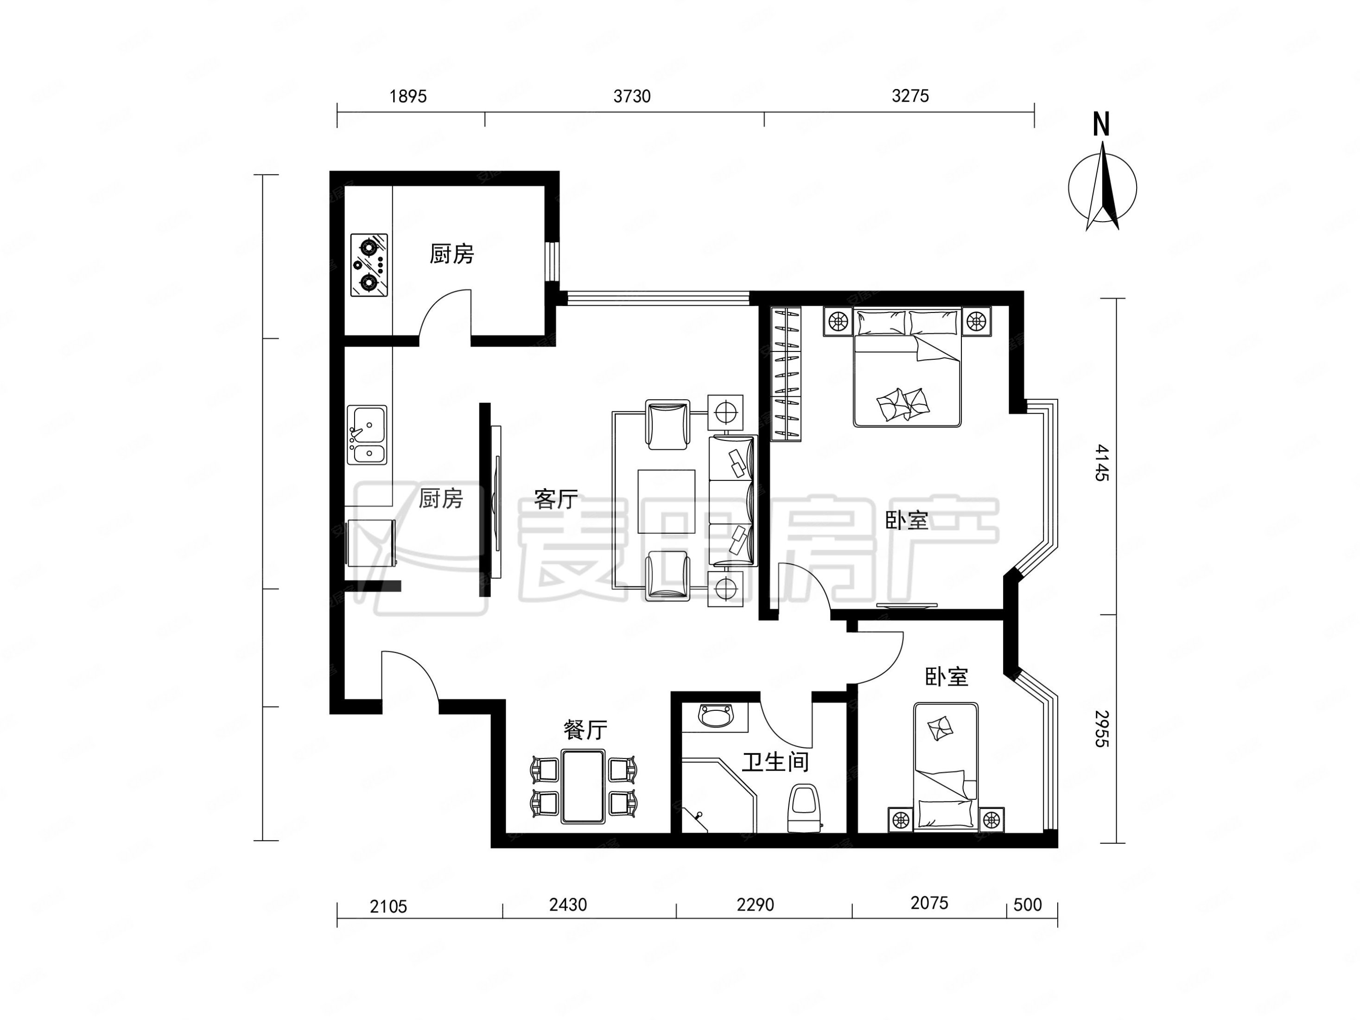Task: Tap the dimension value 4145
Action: click(1102, 463)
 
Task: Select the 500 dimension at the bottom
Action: click(1027, 905)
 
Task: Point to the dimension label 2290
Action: click(755, 905)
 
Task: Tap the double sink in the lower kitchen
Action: click(367, 435)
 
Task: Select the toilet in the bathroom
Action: click(805, 808)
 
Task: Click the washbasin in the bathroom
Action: click(716, 716)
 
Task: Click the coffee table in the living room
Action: click(667, 502)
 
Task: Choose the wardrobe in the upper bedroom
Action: click(786, 374)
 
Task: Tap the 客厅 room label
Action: click(556, 499)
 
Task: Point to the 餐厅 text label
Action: click(585, 730)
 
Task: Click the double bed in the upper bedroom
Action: click(907, 367)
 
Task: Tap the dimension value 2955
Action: click(1102, 728)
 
